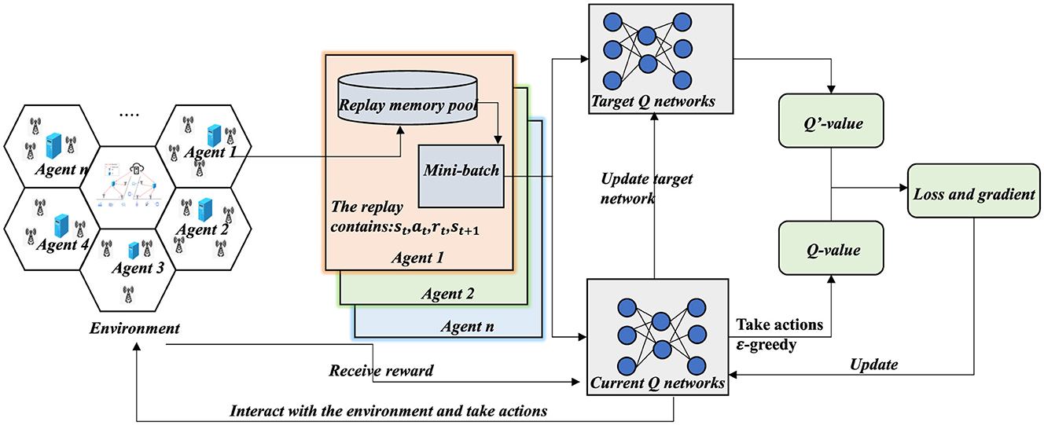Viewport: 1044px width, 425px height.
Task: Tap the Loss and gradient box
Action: point(972,193)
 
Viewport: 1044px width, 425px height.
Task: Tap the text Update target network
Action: point(642,189)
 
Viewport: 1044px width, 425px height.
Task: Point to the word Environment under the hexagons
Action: point(134,328)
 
